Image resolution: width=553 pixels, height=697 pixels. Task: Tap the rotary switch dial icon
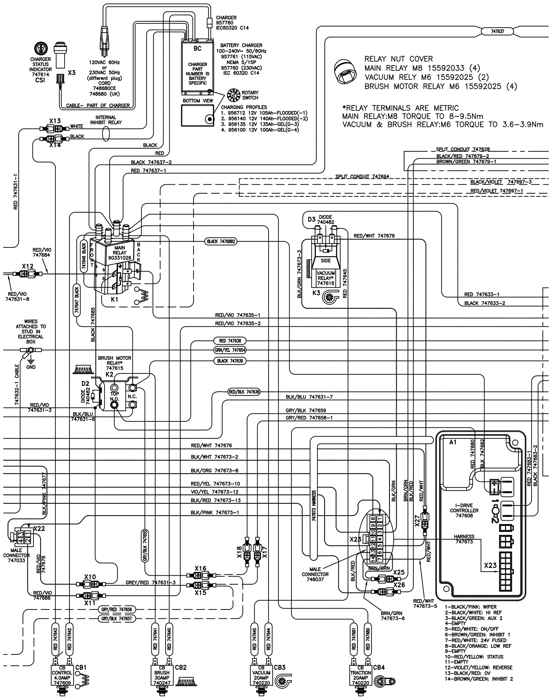(x=234, y=95)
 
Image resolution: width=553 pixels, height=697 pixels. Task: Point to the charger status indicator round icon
(x=41, y=48)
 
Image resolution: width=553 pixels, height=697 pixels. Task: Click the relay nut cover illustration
(x=345, y=72)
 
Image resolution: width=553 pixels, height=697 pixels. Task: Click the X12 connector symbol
(x=28, y=274)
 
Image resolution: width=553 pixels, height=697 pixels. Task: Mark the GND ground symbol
(x=30, y=360)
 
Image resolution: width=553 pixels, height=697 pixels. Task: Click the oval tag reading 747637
(x=497, y=31)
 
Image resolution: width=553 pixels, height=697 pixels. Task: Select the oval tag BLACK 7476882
(x=221, y=241)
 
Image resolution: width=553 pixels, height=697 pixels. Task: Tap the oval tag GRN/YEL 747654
(x=230, y=350)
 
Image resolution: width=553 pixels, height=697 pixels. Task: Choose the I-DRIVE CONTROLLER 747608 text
(x=464, y=510)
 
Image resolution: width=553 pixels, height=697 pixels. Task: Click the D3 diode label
(x=312, y=219)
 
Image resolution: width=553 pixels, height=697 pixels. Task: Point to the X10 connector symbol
(x=90, y=584)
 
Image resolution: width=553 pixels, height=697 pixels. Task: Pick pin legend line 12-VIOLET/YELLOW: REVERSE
(x=478, y=668)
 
